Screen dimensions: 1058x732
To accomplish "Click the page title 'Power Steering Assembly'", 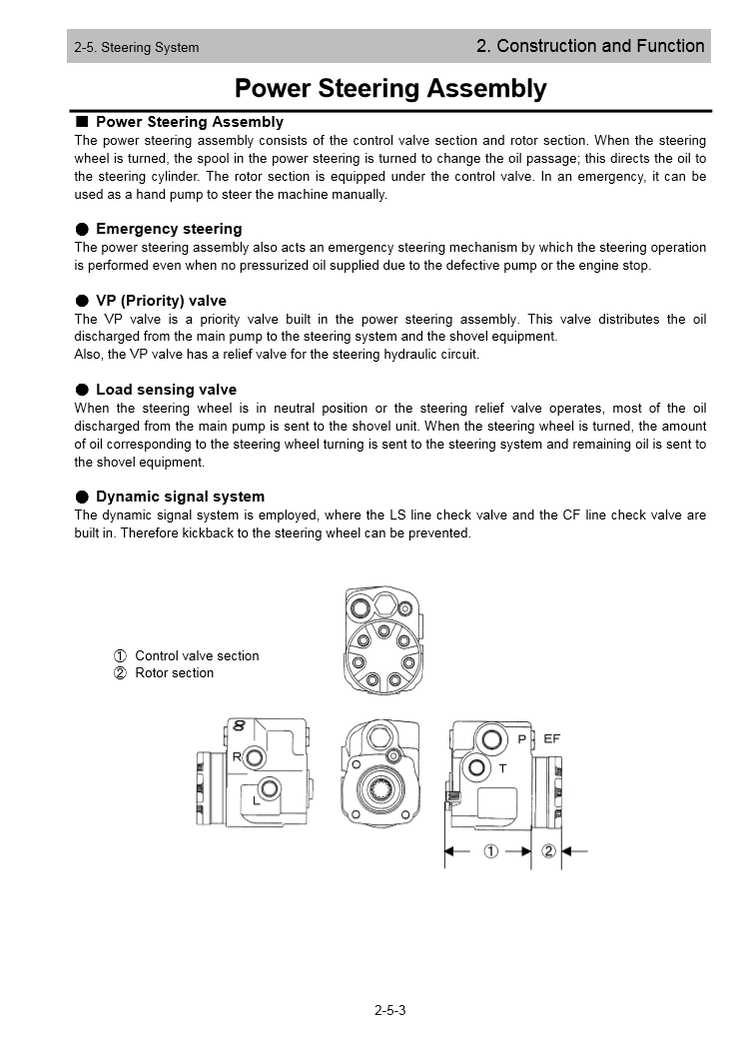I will (390, 89).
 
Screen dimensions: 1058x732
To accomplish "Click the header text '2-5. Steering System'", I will (136, 47).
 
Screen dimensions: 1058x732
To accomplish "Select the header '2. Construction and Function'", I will (590, 46).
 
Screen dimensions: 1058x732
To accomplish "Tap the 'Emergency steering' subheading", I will (168, 229).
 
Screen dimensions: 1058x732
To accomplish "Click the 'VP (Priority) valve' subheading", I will (161, 301).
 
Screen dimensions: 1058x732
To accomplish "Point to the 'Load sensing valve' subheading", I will (166, 390).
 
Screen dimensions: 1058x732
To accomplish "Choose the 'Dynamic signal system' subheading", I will (180, 497).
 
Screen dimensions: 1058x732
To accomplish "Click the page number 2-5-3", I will (390, 1010).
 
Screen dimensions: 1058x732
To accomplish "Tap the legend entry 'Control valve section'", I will (197, 656).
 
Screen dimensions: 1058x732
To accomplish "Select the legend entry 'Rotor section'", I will (174, 673).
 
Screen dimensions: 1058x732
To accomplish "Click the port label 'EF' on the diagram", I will (551, 738).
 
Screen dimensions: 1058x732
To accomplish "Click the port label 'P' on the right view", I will (522, 739).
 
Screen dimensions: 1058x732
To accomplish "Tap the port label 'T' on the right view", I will (502, 768).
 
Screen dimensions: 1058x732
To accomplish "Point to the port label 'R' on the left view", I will (237, 756).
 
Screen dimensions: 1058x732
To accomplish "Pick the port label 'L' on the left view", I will (257, 800).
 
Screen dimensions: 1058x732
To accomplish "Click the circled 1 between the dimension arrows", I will (490, 851).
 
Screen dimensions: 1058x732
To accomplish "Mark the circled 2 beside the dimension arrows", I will (548, 851).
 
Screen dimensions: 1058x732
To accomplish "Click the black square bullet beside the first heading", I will (83, 122).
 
